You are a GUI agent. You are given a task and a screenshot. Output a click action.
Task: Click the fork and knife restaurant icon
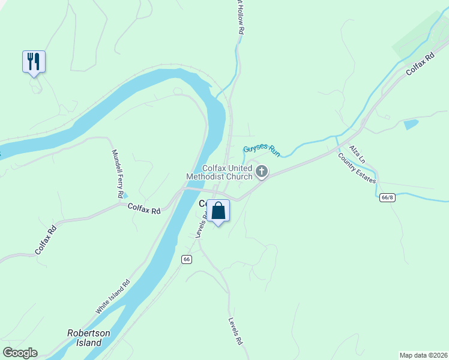click(x=34, y=61)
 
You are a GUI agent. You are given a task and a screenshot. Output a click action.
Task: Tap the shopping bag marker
click(x=218, y=211)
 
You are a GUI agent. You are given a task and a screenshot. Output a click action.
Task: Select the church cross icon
click(x=261, y=172)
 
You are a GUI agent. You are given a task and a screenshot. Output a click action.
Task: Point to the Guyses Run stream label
click(x=261, y=150)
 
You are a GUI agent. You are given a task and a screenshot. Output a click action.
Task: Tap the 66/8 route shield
click(x=388, y=197)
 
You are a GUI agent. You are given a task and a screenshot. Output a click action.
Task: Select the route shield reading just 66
click(x=187, y=259)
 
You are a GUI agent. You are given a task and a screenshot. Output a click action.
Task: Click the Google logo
click(x=20, y=352)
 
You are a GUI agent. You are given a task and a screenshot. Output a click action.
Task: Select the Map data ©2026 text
click(x=424, y=355)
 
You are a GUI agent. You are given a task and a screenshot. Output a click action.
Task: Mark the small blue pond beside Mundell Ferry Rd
click(x=124, y=195)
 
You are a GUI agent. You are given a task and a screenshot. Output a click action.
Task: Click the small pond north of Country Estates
click(x=411, y=125)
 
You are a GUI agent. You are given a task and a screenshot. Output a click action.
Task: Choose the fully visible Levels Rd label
click(x=235, y=331)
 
